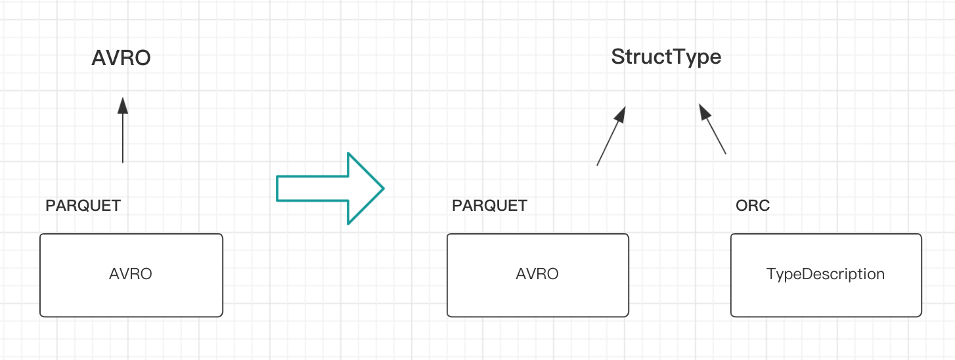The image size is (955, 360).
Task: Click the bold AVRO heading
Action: tap(121, 58)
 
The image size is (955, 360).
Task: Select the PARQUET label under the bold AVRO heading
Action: tap(83, 206)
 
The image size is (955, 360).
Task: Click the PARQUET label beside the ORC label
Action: tap(489, 206)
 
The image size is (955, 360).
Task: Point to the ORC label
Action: tap(753, 206)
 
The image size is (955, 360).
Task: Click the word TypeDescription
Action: tap(826, 274)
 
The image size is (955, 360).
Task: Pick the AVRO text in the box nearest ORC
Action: tap(537, 274)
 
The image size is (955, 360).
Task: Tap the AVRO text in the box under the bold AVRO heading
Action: tap(131, 274)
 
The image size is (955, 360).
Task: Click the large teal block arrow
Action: tap(330, 188)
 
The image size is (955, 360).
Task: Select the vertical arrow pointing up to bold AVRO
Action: tap(123, 130)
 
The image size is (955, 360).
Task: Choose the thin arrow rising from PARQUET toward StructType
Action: tap(611, 135)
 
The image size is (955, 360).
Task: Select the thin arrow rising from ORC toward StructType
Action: tap(713, 129)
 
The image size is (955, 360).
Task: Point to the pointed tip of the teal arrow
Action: tap(384, 188)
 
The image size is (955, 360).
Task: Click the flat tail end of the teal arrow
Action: tap(277, 188)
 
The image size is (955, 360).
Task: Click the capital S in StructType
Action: tap(619, 57)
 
